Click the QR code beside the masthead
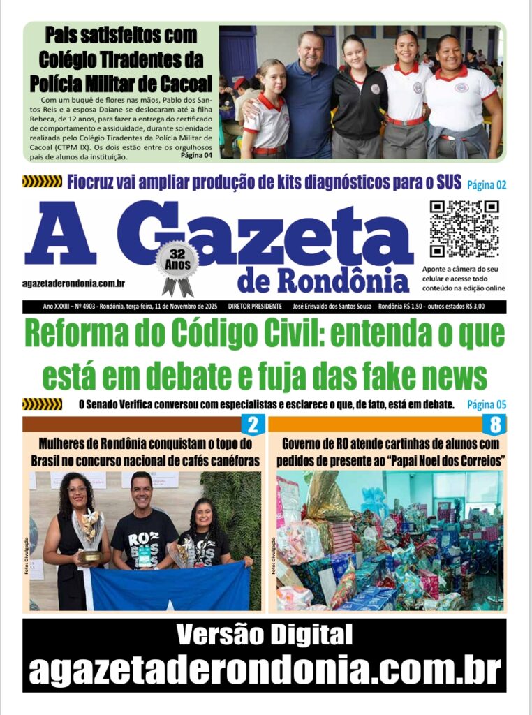tap(464, 229)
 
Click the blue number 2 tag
tap(253, 425)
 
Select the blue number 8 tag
tap(494, 425)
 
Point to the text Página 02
tap(486, 185)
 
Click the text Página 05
tap(486, 405)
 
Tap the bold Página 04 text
tap(195, 155)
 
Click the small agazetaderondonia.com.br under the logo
tap(74, 283)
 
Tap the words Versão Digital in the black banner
tap(264, 635)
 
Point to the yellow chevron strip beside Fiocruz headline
tap(42, 182)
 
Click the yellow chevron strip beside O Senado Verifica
tap(42, 404)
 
